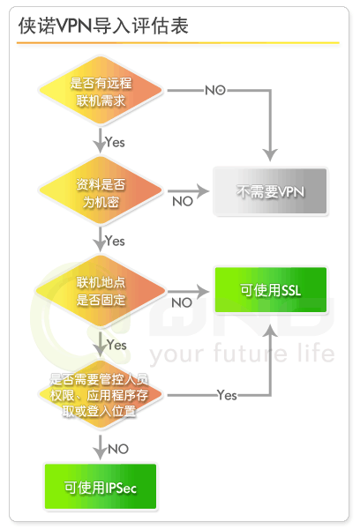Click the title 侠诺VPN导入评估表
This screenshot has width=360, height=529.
pyautogui.click(x=103, y=26)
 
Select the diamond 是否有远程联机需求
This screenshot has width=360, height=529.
pyautogui.click(x=101, y=91)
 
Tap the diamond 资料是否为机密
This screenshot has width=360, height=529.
pyautogui.click(x=101, y=191)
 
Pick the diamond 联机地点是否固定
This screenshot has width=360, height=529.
pyautogui.click(x=101, y=290)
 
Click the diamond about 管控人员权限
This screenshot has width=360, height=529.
pyautogui.click(x=101, y=395)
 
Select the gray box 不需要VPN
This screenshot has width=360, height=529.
pyautogui.click(x=270, y=191)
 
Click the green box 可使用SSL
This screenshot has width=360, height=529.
pyautogui.click(x=271, y=290)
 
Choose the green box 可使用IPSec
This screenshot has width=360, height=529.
pyautogui.click(x=101, y=486)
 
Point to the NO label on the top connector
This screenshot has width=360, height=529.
pyautogui.click(x=215, y=91)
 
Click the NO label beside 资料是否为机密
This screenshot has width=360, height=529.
pyautogui.click(x=183, y=201)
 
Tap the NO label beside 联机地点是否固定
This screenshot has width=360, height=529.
pyautogui.click(x=182, y=302)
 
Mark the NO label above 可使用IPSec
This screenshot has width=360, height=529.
pyautogui.click(x=118, y=449)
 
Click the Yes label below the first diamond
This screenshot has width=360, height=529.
pyautogui.click(x=115, y=142)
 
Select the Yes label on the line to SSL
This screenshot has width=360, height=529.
pyautogui.click(x=227, y=395)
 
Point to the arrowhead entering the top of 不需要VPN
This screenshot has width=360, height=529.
pyautogui.click(x=270, y=155)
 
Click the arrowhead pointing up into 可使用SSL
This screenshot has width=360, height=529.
pyautogui.click(x=270, y=332)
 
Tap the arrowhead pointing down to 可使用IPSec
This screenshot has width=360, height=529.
pyautogui.click(x=100, y=453)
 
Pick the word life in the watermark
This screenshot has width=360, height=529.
pyautogui.click(x=316, y=353)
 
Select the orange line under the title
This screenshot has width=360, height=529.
pyautogui.click(x=178, y=43)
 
